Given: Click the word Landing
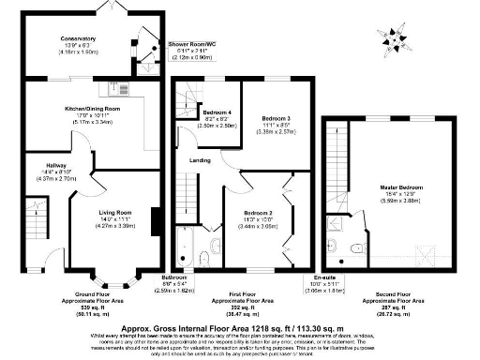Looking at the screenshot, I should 200,160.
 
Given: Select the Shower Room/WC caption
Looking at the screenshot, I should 190,43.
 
